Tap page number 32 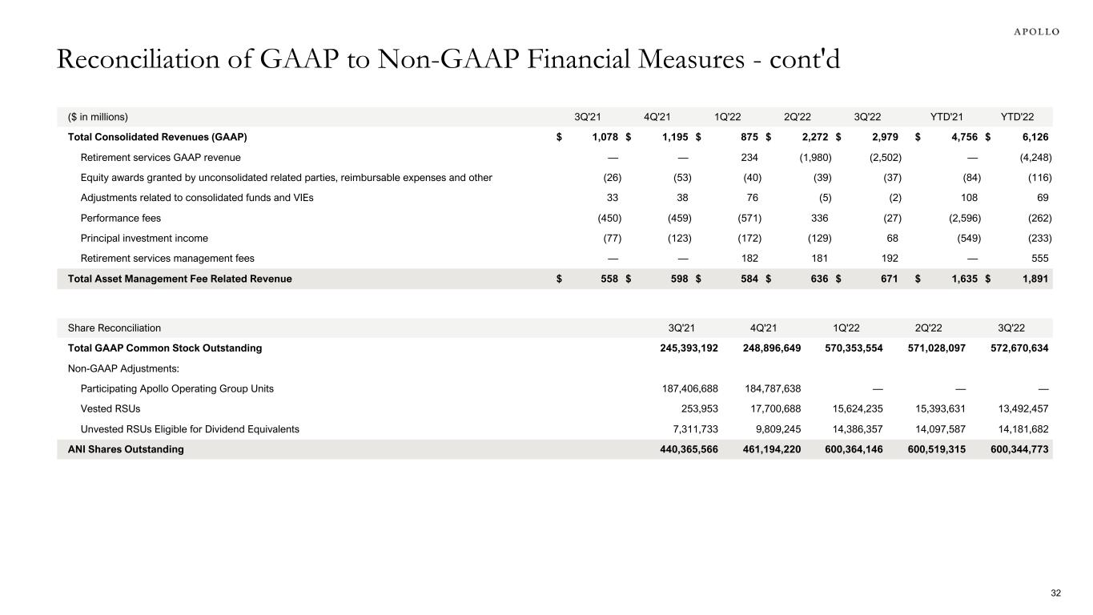point(1055,593)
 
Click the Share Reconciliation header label point(115,328)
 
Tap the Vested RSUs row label point(111,408)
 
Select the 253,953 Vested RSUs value point(696,408)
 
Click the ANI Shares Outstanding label point(126,449)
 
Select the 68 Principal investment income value point(895,238)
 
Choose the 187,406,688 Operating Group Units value point(685,388)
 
